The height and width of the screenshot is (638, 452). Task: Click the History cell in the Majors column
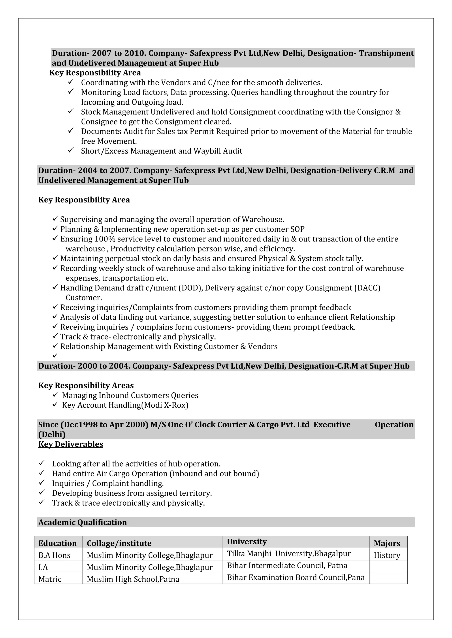pyautogui.click(x=387, y=555)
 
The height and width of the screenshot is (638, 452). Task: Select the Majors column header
pyautogui.click(x=387, y=543)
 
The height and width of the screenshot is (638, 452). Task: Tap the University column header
pyautogui.click(x=247, y=542)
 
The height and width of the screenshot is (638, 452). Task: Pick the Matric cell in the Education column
pyautogui.click(x=50, y=579)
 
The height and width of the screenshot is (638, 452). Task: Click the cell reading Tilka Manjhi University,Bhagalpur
pyautogui.click(x=289, y=554)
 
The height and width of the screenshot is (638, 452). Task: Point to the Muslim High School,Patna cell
pyautogui.click(x=133, y=579)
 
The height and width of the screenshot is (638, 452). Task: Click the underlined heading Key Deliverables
pyautogui.click(x=71, y=444)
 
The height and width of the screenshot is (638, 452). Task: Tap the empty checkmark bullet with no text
pyautogui.click(x=55, y=355)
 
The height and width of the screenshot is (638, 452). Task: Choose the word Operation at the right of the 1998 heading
pyautogui.click(x=394, y=425)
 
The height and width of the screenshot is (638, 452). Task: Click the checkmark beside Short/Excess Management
pyautogui.click(x=70, y=150)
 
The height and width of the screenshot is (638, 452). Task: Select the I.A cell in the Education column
pyautogui.click(x=43, y=567)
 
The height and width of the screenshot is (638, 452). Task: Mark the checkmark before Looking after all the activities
pyautogui.click(x=42, y=463)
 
